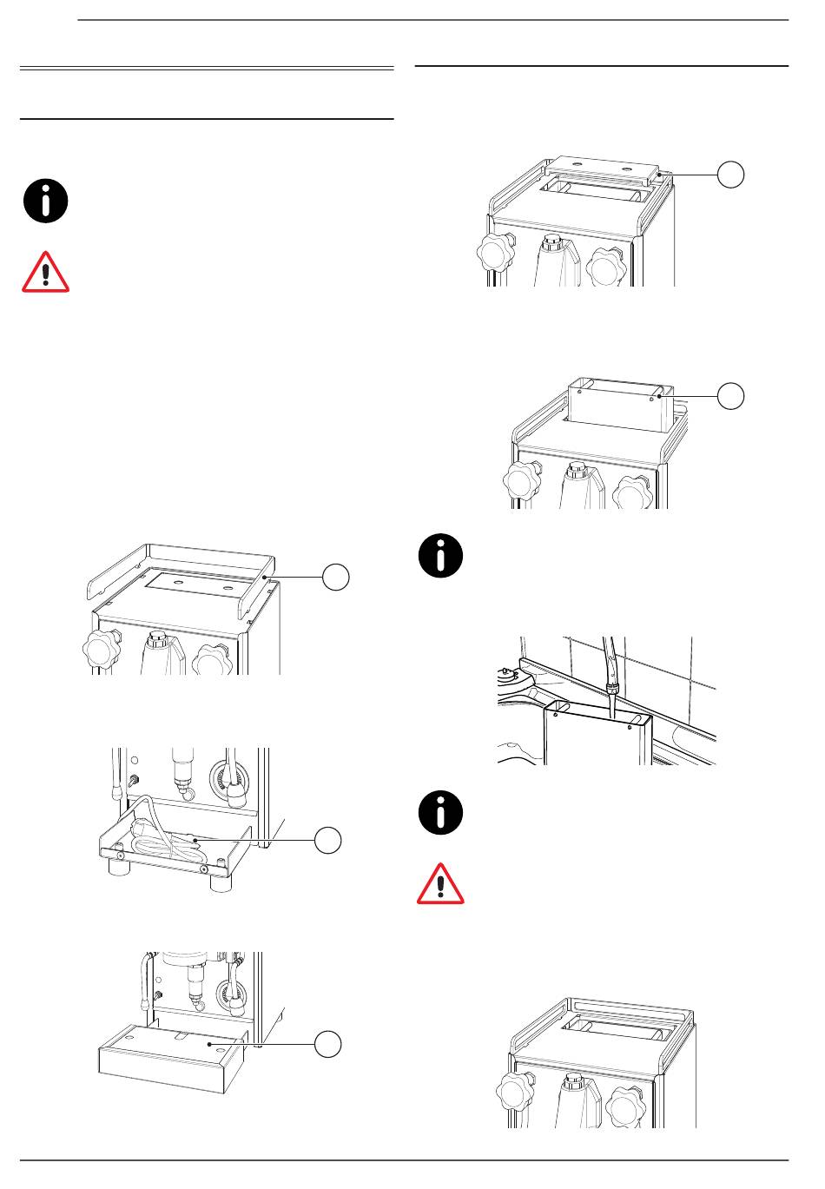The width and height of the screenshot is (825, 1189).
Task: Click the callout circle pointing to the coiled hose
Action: pyautogui.click(x=327, y=840)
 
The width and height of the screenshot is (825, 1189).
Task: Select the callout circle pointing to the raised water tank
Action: pyautogui.click(x=731, y=396)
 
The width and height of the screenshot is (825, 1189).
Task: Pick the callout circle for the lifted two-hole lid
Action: pyautogui.click(x=731, y=174)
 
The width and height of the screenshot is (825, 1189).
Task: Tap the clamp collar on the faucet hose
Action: pyautogui.click(x=611, y=685)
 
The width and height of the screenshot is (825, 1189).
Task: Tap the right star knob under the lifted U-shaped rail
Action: pyautogui.click(x=213, y=662)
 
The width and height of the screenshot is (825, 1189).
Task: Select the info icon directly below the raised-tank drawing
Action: pyautogui.click(x=440, y=557)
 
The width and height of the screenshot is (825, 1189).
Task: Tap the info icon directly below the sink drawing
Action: pyautogui.click(x=440, y=813)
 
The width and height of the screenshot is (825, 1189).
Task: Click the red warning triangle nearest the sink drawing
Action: pyautogui.click(x=440, y=884)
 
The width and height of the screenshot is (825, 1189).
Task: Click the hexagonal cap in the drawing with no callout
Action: pyautogui.click(x=572, y=1084)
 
